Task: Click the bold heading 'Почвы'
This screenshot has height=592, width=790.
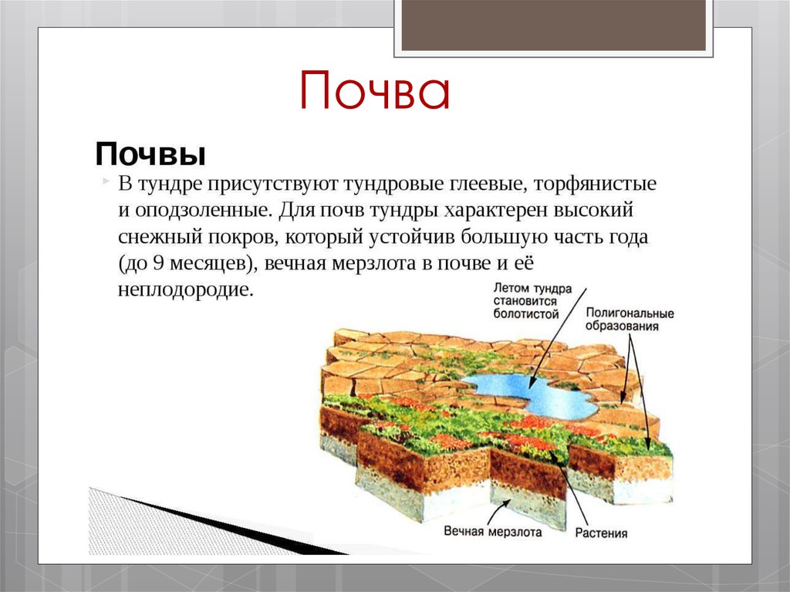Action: (150, 154)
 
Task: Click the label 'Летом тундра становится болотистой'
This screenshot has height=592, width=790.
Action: (532, 300)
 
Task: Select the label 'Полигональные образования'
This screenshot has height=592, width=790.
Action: (630, 320)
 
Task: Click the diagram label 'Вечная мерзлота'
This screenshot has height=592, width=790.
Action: (493, 531)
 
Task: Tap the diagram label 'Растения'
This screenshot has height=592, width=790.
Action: (601, 533)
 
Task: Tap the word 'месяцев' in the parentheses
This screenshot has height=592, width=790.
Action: (207, 262)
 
